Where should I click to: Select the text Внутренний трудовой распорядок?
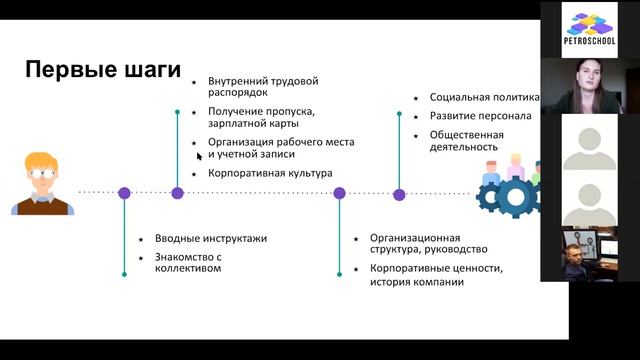click(263, 86)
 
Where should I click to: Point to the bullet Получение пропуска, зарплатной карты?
click(261, 117)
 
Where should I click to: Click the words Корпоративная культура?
click(269, 173)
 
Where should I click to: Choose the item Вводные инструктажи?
click(210, 238)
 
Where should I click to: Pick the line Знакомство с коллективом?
click(187, 262)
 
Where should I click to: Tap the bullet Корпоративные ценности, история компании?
click(435, 275)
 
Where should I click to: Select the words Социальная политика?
click(484, 97)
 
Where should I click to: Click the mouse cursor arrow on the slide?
click(199, 155)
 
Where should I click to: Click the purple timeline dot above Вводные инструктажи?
click(124, 193)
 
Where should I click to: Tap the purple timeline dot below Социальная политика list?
click(399, 195)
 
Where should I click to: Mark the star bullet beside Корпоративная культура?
click(195, 174)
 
